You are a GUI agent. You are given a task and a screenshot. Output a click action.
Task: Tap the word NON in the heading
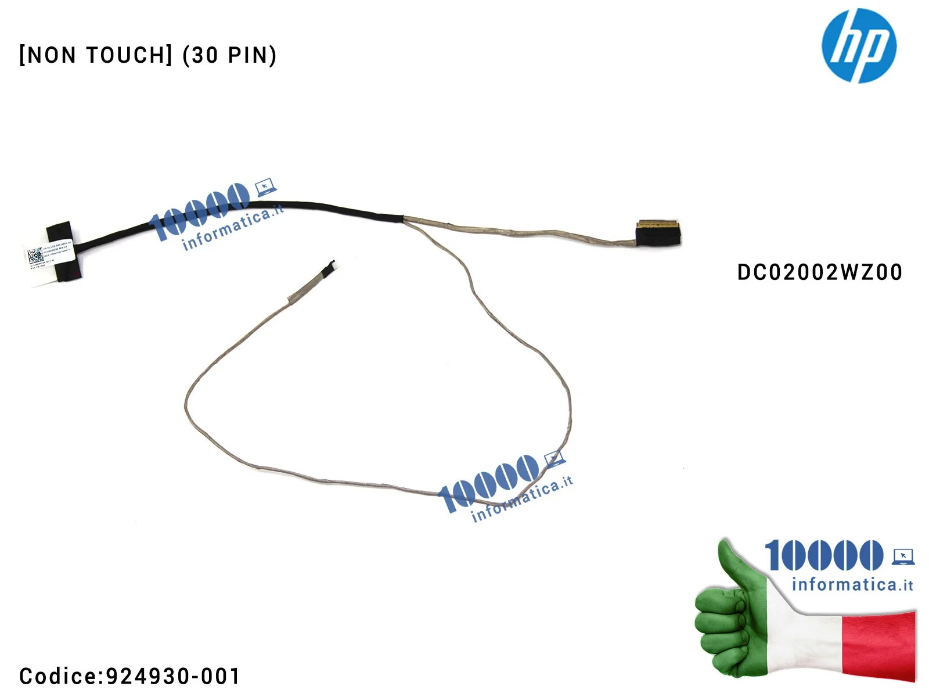pos(52,56)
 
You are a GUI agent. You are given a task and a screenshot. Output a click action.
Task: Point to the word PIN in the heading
pos(248,56)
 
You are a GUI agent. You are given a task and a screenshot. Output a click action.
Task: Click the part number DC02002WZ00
pos(819,272)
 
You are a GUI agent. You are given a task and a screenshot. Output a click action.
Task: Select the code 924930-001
pos(173,676)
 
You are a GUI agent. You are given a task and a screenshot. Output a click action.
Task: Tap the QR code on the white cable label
pos(35,256)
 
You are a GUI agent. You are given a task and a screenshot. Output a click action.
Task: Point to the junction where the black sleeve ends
pos(402,218)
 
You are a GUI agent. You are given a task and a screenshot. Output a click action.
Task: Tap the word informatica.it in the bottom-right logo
pos(852,584)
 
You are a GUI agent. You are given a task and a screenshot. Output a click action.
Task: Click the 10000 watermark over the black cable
pos(199,209)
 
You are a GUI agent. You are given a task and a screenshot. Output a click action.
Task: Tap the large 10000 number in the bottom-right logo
pos(823,555)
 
